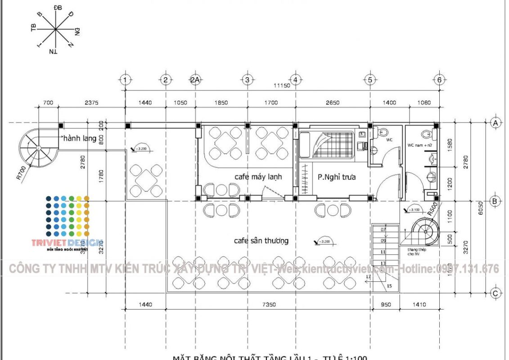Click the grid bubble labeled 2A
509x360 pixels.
coord(195,80)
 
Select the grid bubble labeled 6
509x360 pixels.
coord(439,80)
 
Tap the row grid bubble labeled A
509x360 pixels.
coord(495,122)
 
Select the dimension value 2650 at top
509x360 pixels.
coord(332,103)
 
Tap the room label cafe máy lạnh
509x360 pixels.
coord(258,177)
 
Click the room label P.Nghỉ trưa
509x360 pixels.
coord(337,177)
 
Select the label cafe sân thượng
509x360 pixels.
coord(261,241)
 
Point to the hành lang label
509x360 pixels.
coord(80,138)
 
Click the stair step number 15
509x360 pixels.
coord(389,286)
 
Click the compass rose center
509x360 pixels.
coord(55,30)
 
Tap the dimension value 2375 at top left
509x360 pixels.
coord(91,103)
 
